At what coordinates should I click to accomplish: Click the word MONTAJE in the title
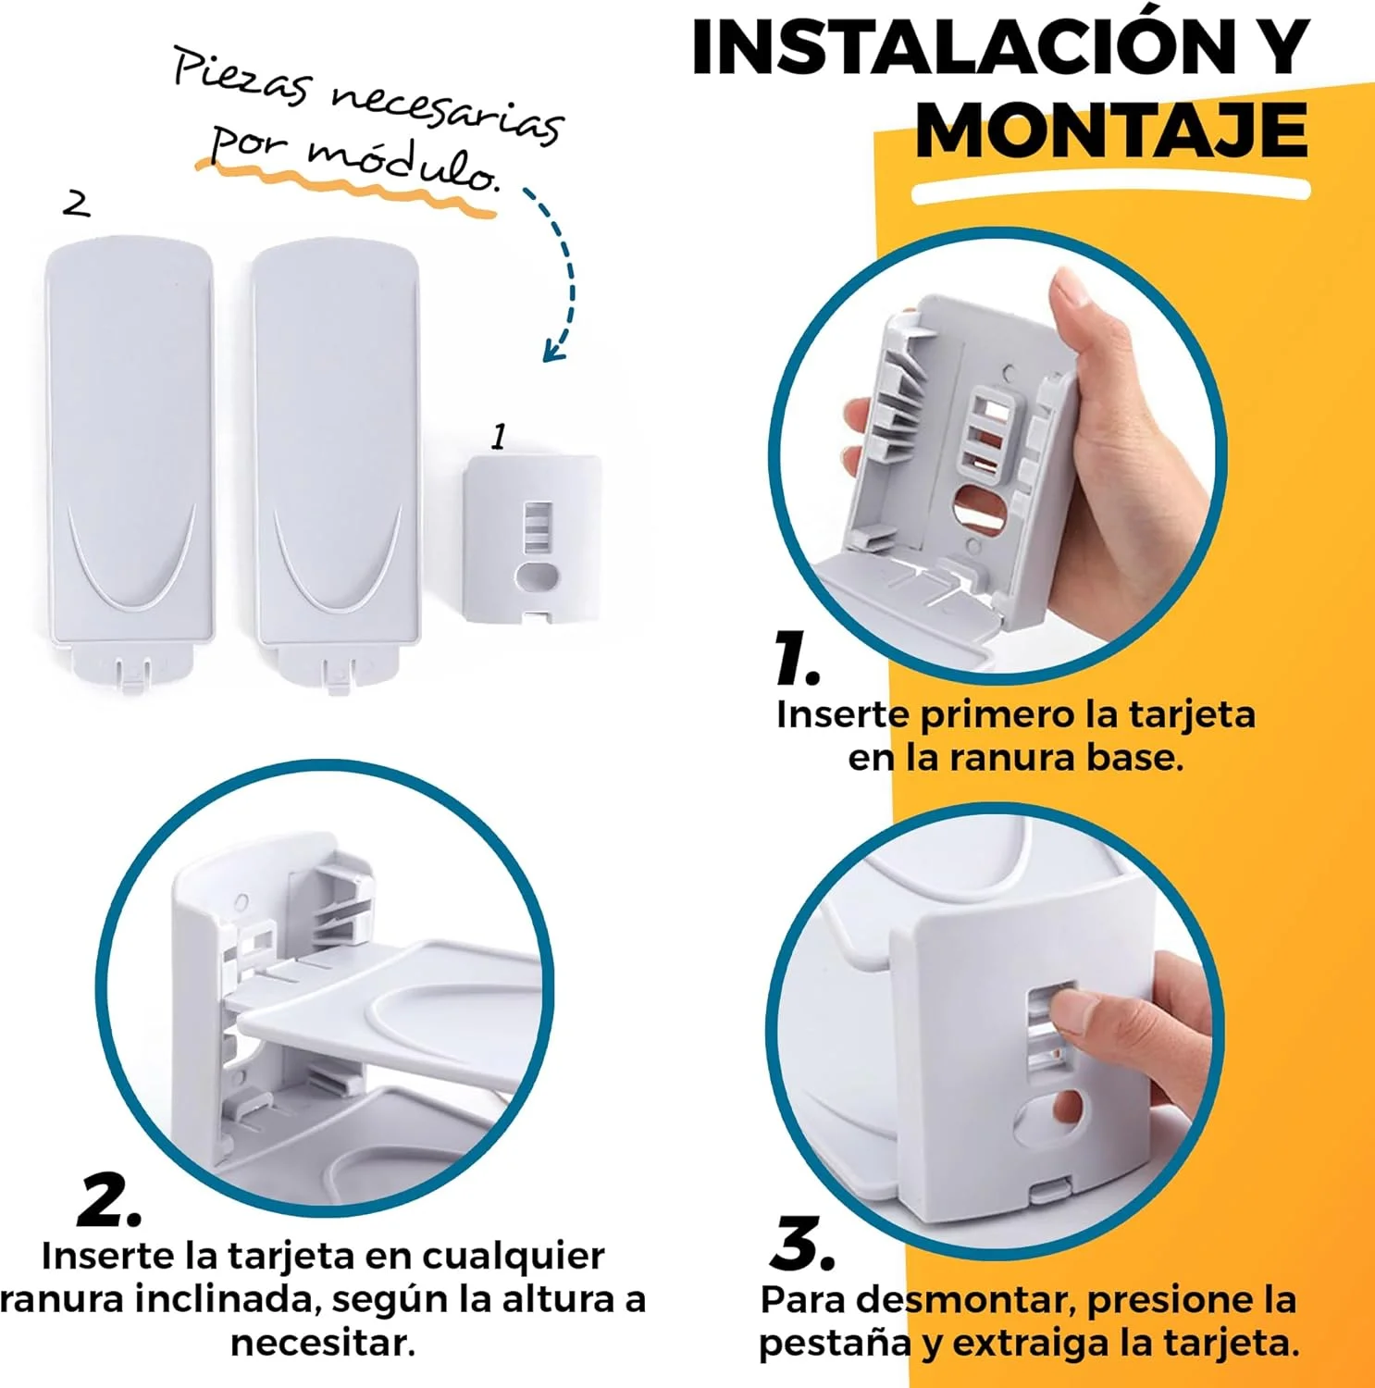[1111, 130]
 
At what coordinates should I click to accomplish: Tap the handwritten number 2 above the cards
[77, 204]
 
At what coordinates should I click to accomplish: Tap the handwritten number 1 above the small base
[499, 436]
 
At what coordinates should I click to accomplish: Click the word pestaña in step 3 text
[835, 1344]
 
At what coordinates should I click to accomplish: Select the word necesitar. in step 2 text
[323, 1343]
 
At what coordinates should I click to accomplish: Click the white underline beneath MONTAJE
[1110, 192]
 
